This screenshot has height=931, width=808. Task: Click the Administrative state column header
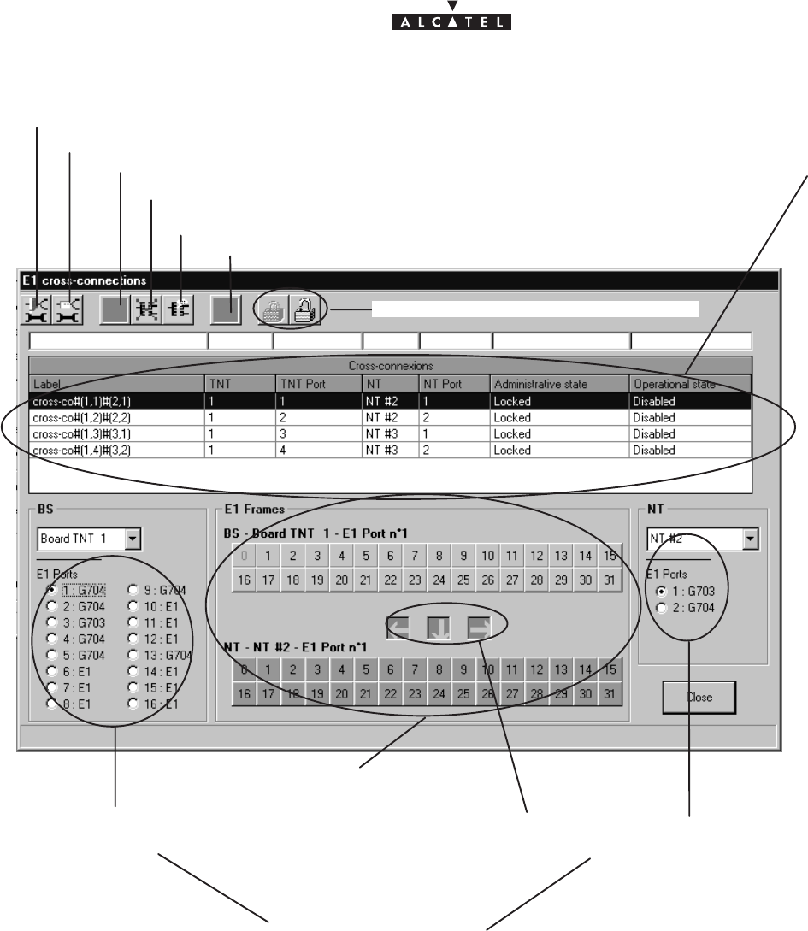coord(558,384)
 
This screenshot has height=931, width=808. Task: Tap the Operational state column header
coord(689,384)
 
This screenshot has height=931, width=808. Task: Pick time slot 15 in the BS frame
coord(610,557)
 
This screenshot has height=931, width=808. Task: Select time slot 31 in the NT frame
coord(610,694)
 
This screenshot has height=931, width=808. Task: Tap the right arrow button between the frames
coord(479,628)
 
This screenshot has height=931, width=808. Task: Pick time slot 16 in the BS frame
coord(245,580)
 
